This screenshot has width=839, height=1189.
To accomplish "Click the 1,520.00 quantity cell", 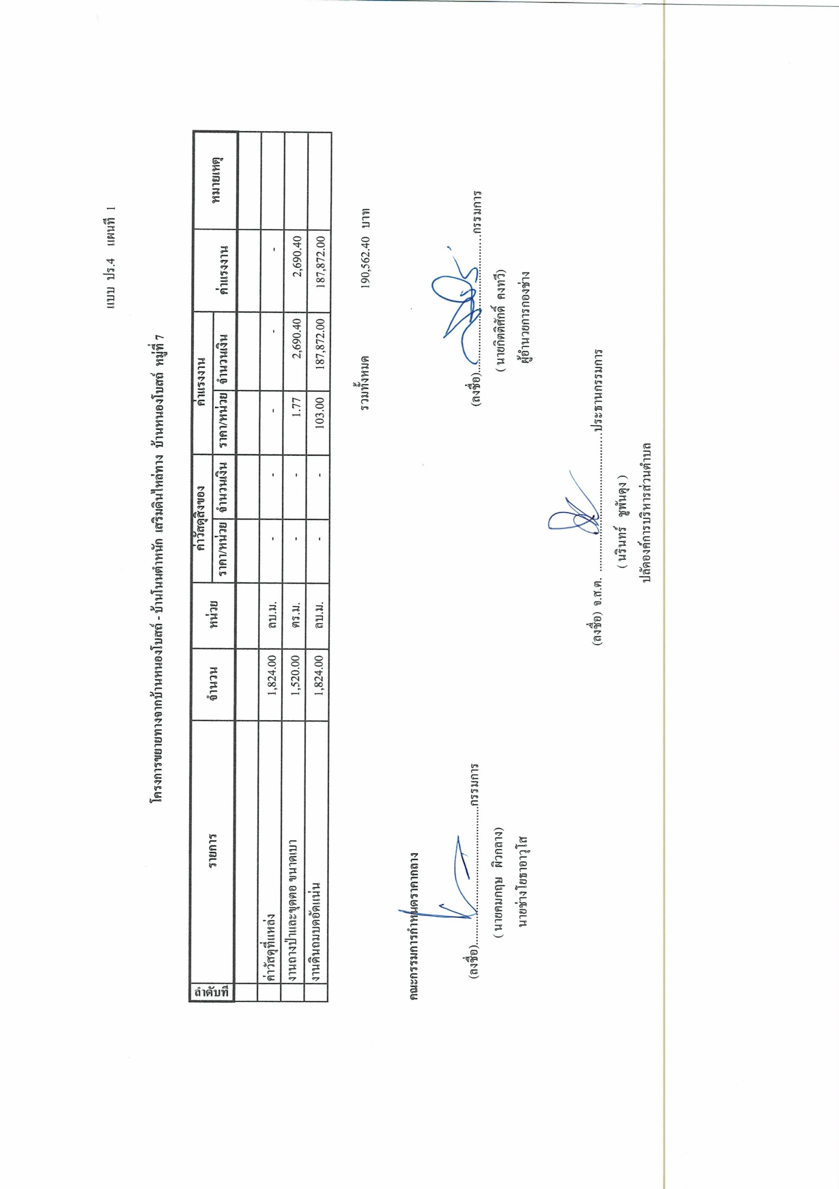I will [295, 685].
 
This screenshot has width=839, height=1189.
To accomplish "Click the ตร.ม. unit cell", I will [295, 616].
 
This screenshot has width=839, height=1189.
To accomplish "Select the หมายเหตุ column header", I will [216, 180].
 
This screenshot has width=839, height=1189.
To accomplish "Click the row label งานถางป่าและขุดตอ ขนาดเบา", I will [295, 909].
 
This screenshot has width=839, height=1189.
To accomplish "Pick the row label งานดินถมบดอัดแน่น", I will [319, 931].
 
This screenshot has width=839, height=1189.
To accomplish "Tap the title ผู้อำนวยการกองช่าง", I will [525, 317].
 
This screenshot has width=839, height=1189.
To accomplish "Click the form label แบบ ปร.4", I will [111, 284].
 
